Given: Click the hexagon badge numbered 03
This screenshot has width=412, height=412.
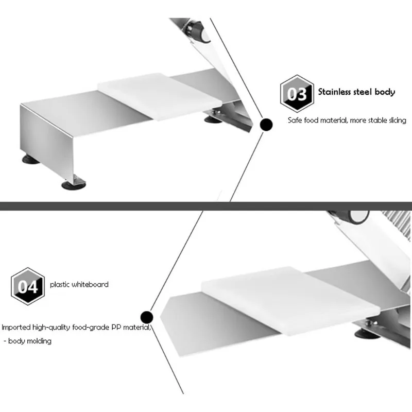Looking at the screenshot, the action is point(297,94).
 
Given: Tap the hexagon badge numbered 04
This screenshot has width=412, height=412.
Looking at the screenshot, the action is point(28,286).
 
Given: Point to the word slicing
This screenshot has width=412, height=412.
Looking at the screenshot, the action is point(398,121).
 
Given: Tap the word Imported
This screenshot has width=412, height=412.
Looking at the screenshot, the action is point(16,328).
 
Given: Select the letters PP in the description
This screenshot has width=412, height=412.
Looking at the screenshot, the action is point(116,327).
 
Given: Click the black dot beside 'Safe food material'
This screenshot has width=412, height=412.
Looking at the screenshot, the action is point(266,125).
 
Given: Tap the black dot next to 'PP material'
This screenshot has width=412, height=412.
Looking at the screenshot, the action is point(147,317).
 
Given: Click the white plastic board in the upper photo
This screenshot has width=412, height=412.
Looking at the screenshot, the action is point(160,96).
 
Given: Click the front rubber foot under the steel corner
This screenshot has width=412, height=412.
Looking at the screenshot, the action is point(74,185).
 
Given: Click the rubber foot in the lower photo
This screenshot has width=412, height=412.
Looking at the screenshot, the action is point(367,334).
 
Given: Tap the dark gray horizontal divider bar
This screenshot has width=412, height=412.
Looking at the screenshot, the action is point(206,207).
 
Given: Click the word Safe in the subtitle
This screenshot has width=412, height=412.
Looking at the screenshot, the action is point(295,121).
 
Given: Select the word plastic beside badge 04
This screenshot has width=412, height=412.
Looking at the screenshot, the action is point(60,285).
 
